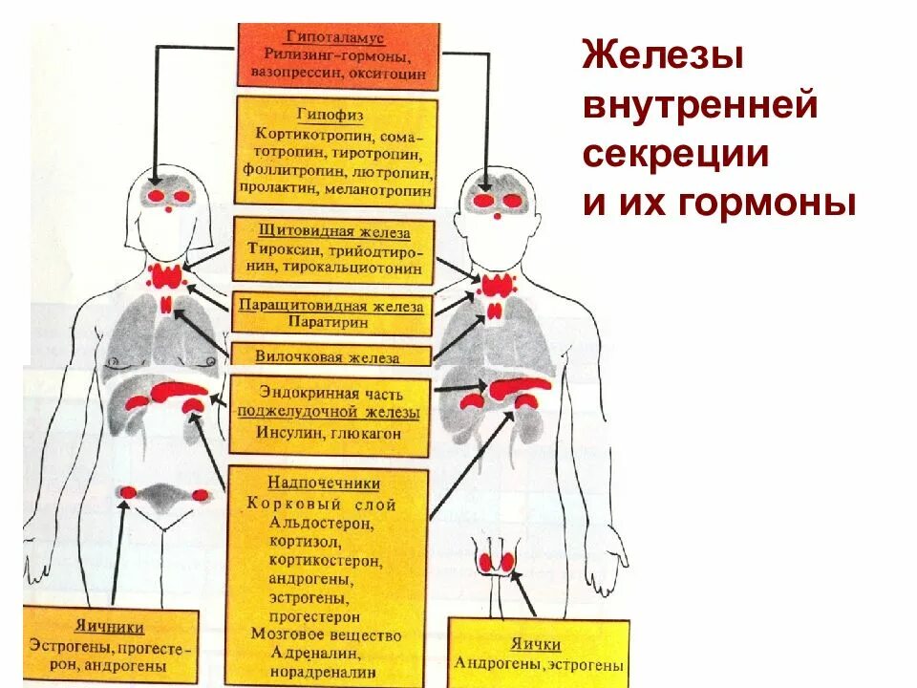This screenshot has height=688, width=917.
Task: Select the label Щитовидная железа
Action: click(334, 231)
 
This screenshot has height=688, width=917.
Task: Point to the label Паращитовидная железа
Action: click(333, 305)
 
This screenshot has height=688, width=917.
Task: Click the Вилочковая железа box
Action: click(328, 356)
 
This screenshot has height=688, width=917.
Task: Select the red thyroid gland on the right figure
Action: click(496, 285)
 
